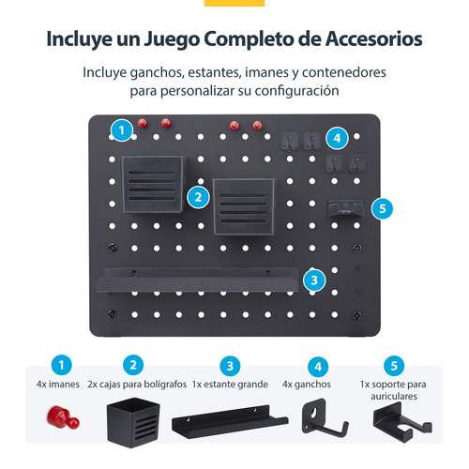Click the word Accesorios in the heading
(373, 39)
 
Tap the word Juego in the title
(172, 40)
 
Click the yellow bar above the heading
(234, 3)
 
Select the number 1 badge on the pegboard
(122, 130)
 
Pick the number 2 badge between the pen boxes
(198, 197)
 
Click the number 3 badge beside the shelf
(314, 280)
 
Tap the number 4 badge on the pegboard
(337, 138)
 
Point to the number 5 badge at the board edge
(382, 208)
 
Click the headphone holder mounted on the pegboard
(345, 208)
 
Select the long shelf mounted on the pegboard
(198, 280)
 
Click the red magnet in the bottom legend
(63, 417)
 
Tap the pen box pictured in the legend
(133, 422)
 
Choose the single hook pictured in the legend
(325, 417)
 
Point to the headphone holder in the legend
(402, 422)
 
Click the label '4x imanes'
(58, 384)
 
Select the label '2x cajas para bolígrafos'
(137, 385)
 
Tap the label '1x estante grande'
(230, 385)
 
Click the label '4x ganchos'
(307, 385)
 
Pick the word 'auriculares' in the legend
(394, 396)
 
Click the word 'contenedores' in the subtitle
(344, 72)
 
